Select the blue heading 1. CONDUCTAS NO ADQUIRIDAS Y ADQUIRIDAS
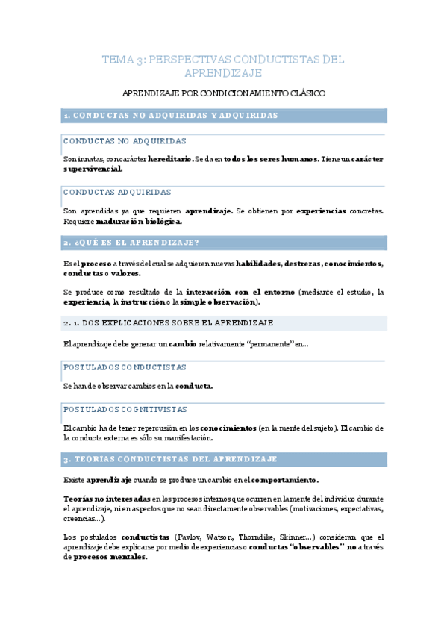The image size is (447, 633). point(171,116)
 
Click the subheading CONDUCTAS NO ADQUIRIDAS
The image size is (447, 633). point(125,141)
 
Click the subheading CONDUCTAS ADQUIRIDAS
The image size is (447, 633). point(117,192)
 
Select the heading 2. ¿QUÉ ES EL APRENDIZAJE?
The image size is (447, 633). point(131,243)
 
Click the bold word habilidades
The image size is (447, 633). point(258,263)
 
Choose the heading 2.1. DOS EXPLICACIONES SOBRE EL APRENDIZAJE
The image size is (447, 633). point(168,322)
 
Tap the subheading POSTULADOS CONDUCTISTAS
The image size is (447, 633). point(125,367)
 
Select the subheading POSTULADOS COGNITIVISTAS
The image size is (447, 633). point(125,409)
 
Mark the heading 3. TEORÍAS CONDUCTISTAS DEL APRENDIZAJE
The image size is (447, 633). point(171,459)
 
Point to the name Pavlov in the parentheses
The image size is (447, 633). point(187,537)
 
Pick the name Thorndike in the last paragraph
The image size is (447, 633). point(259,537)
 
